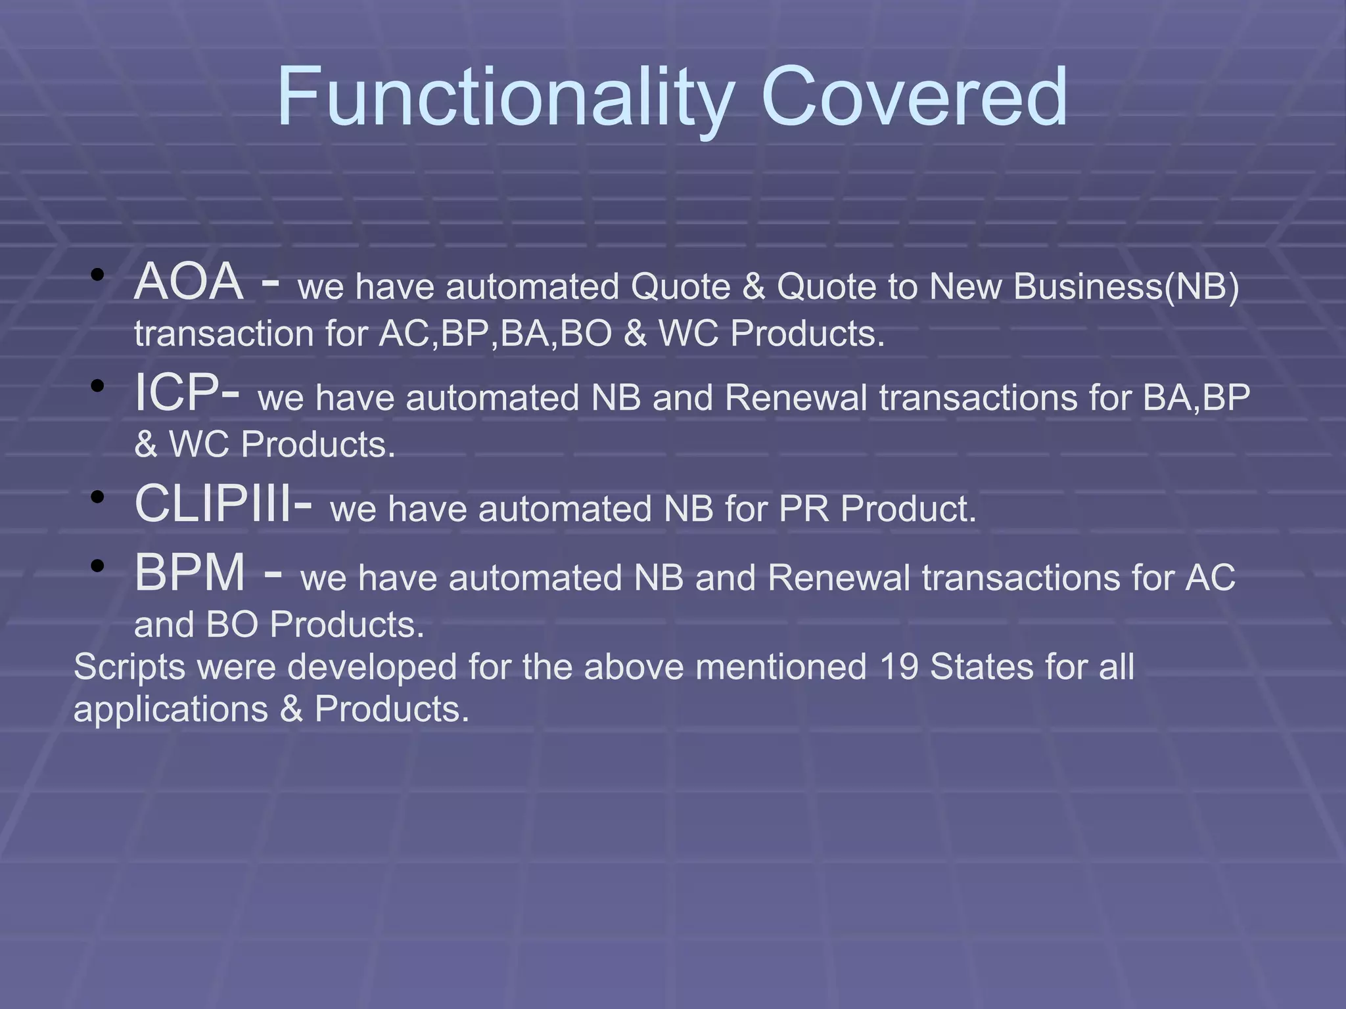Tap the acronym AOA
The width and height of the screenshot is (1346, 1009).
[x=189, y=282]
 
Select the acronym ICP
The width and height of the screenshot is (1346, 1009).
[x=177, y=393]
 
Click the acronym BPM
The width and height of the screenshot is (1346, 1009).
[x=190, y=573]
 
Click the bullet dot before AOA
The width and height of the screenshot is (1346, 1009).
[x=98, y=275]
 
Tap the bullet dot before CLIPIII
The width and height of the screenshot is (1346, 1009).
[x=98, y=497]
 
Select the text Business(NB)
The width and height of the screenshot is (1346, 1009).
[x=1126, y=287]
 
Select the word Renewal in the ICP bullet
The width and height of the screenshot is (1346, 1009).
[x=796, y=398]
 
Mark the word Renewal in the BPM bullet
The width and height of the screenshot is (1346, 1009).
[x=838, y=579]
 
